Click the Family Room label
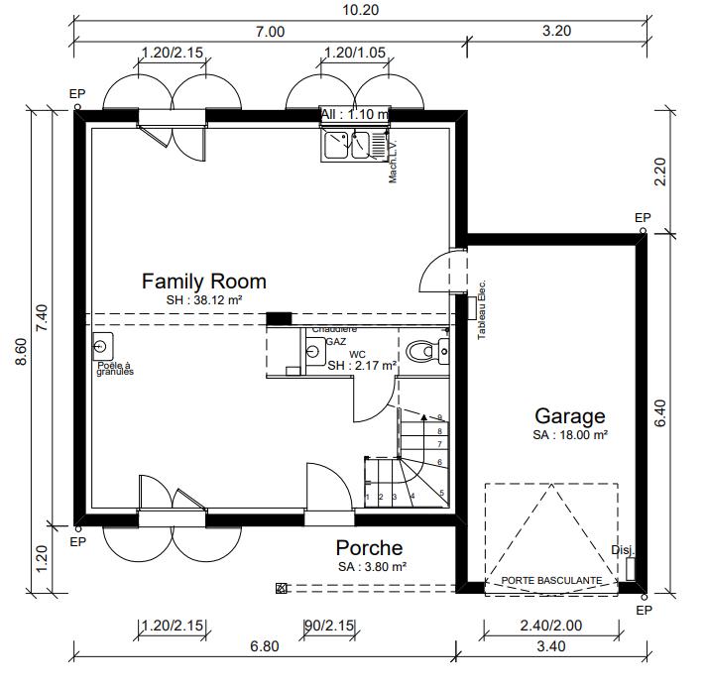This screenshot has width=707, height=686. pyautogui.click(x=203, y=281)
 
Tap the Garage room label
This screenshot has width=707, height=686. pyautogui.click(x=569, y=416)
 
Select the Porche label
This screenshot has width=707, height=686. pyautogui.click(x=369, y=547)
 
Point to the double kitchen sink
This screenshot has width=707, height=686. pyautogui.click(x=346, y=146)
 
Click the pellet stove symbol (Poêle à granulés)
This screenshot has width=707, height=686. pyautogui.click(x=102, y=347)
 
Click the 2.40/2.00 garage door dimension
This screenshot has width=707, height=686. pyautogui.click(x=550, y=625)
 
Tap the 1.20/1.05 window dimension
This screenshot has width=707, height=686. pyautogui.click(x=355, y=53)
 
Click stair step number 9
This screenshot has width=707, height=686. pyautogui.click(x=439, y=417)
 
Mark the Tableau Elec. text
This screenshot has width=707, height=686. pyautogui.click(x=482, y=309)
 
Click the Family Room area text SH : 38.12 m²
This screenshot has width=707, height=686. pyautogui.click(x=204, y=299)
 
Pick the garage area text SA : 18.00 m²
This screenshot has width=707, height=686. pyautogui.click(x=569, y=435)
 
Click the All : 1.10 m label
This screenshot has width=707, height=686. pyautogui.click(x=354, y=114)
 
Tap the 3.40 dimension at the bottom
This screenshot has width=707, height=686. pyautogui.click(x=550, y=646)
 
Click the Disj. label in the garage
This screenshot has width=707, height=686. pyautogui.click(x=622, y=550)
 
